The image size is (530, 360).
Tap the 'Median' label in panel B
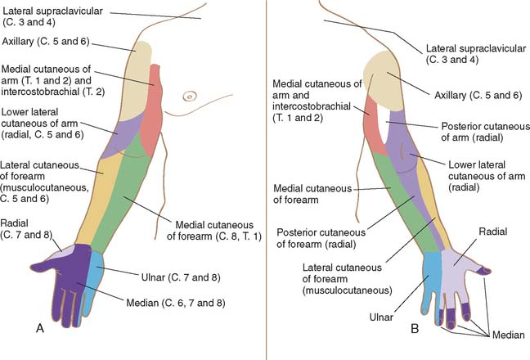tap(508, 335)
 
